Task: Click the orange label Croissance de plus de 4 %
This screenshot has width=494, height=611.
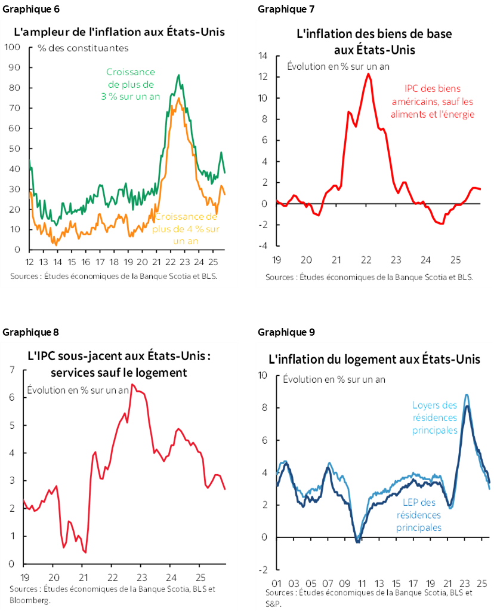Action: [x=186, y=229]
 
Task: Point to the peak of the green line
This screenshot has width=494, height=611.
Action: [x=178, y=75]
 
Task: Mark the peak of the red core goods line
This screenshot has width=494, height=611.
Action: [x=368, y=73]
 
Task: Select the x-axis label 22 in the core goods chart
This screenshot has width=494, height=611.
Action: [x=366, y=260]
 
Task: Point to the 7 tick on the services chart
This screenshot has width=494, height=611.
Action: [x=13, y=370]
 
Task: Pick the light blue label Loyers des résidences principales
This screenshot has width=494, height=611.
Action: [x=435, y=417]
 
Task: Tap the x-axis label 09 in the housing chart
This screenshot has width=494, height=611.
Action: [x=345, y=583]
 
